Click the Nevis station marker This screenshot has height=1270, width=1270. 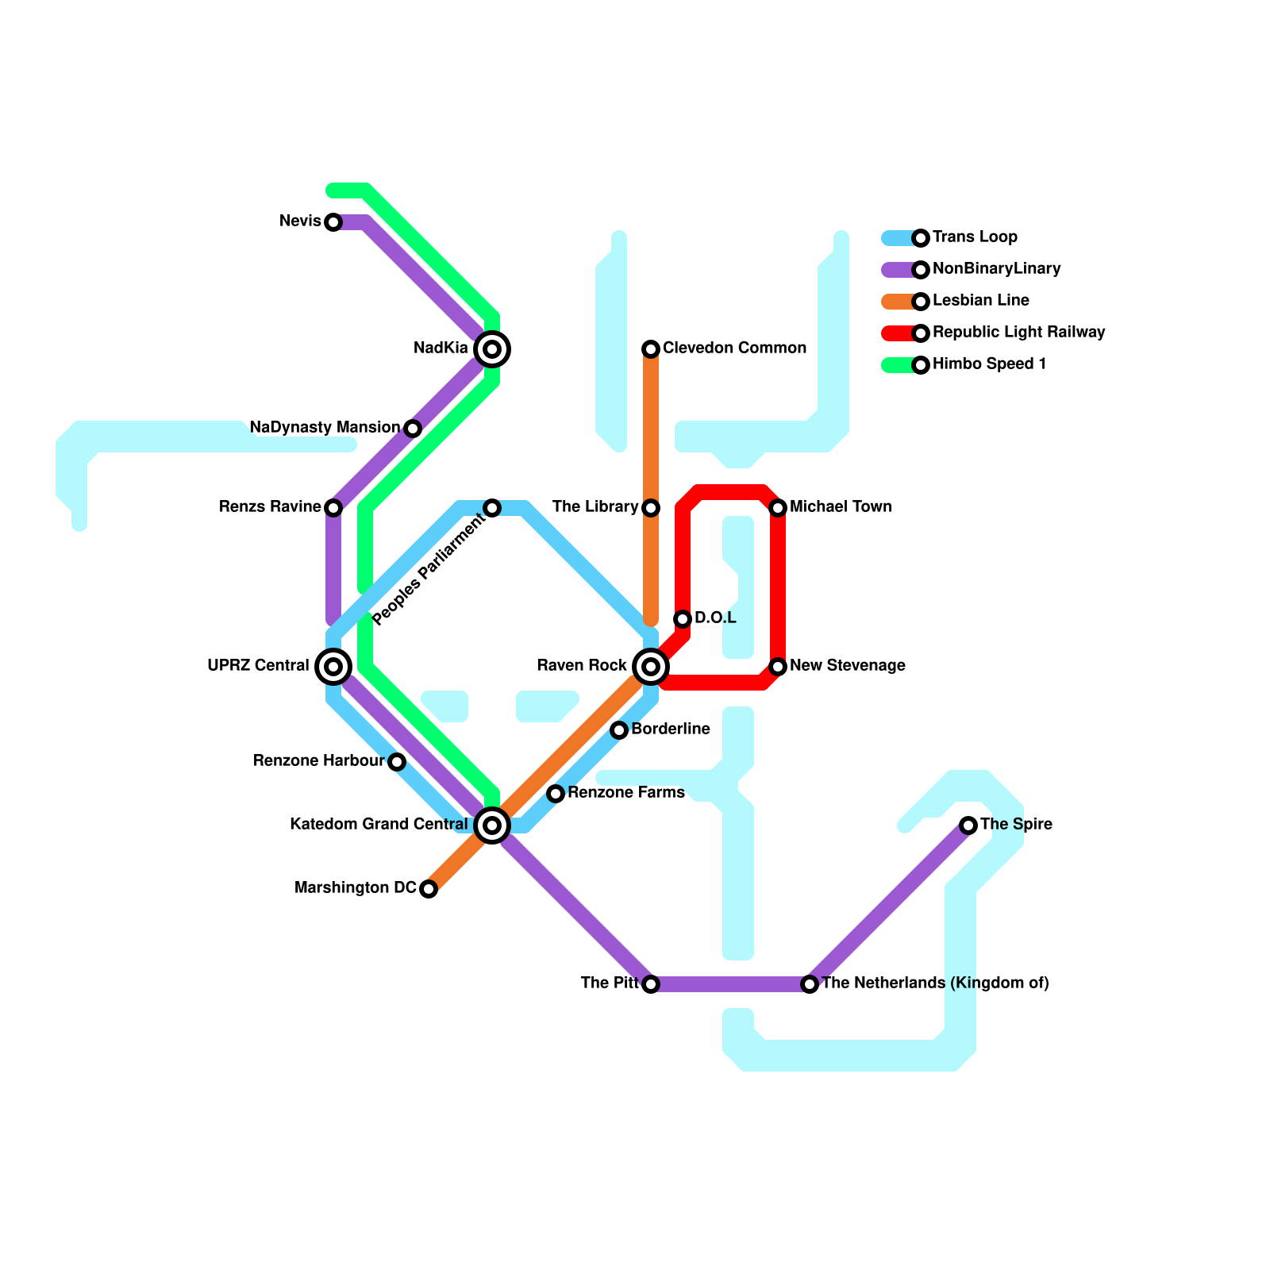(x=333, y=222)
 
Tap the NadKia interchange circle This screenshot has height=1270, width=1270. (x=492, y=349)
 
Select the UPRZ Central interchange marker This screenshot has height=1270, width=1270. (x=333, y=667)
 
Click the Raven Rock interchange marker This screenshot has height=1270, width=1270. (x=651, y=667)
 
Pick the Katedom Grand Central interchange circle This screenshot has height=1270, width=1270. (x=492, y=825)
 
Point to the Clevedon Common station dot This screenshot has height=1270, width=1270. (x=651, y=349)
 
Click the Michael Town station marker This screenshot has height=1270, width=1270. (x=778, y=508)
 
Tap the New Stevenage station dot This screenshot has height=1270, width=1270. (x=778, y=667)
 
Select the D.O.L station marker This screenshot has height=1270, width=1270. (x=683, y=619)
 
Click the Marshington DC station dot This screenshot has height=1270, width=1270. (x=429, y=889)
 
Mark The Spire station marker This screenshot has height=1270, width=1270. (x=968, y=825)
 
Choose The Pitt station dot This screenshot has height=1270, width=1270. (x=651, y=984)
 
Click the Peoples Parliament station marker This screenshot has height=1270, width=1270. (x=492, y=508)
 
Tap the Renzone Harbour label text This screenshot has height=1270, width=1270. (x=318, y=761)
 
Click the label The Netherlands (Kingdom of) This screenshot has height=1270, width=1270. (x=935, y=983)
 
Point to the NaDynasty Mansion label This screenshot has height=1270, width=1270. (x=325, y=428)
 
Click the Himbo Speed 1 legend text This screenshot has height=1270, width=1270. (x=989, y=364)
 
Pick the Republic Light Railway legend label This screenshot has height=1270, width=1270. (x=1018, y=333)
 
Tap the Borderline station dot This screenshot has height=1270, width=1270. (x=619, y=730)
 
